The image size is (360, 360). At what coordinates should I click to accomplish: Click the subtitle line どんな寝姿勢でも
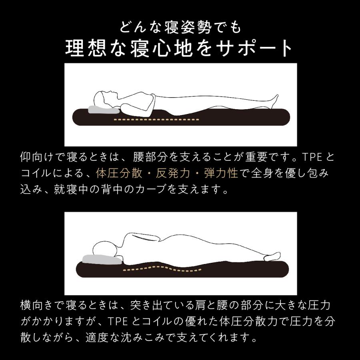coord(180,28)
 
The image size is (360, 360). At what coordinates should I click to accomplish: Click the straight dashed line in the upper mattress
coord(156,120)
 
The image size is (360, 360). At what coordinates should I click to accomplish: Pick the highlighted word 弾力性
coord(222,173)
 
